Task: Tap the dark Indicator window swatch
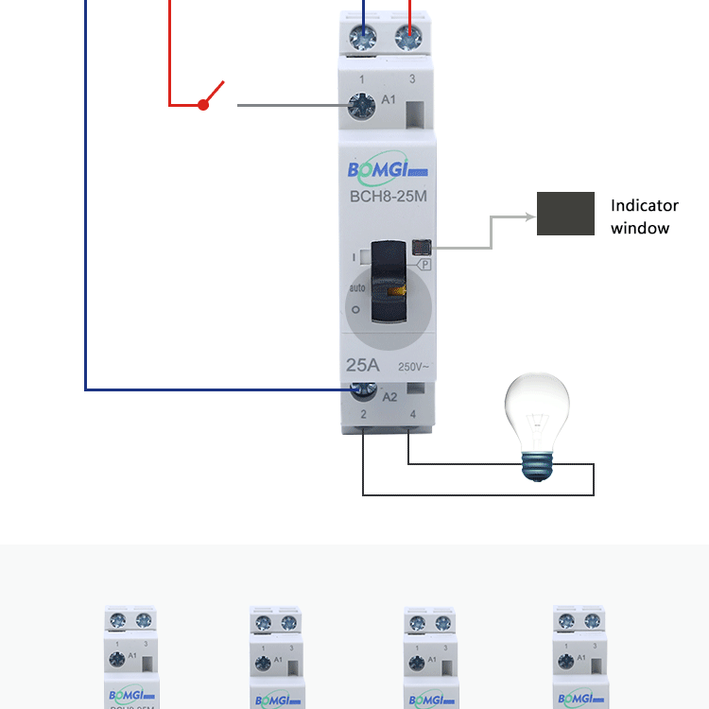565,214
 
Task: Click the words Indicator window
644,216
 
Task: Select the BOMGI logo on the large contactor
388,170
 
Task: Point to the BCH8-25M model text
388,198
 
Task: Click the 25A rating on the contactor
364,365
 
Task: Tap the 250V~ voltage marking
414,367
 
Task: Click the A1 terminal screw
360,106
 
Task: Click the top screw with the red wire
408,37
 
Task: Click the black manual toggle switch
389,281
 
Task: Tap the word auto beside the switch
357,287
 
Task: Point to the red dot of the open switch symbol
202,105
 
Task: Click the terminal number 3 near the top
411,79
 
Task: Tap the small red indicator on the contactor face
421,248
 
